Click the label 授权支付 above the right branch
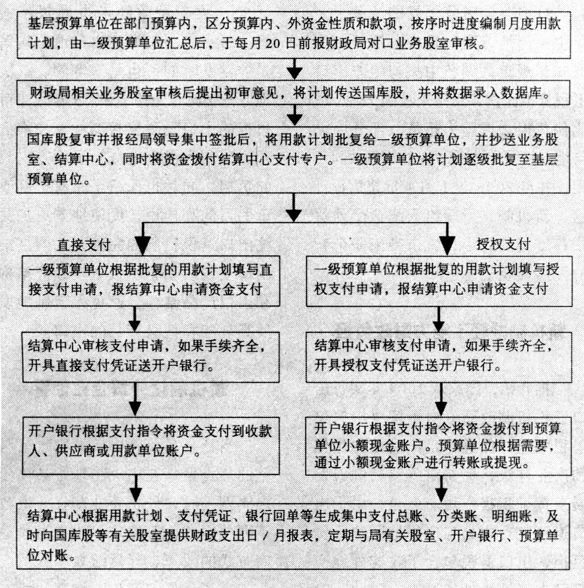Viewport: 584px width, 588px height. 503,244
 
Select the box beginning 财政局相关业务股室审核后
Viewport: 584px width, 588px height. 293,93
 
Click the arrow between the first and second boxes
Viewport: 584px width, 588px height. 295,69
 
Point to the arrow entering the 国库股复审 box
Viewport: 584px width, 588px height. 294,115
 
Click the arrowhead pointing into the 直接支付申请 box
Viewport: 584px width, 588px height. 142,246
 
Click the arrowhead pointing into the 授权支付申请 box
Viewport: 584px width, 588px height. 447,246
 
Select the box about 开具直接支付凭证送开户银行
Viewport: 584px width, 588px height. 151,357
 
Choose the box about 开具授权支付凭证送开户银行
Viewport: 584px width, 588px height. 439,357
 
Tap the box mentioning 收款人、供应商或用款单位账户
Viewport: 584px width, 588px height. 151,446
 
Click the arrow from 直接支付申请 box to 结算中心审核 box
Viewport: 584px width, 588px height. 134,319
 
